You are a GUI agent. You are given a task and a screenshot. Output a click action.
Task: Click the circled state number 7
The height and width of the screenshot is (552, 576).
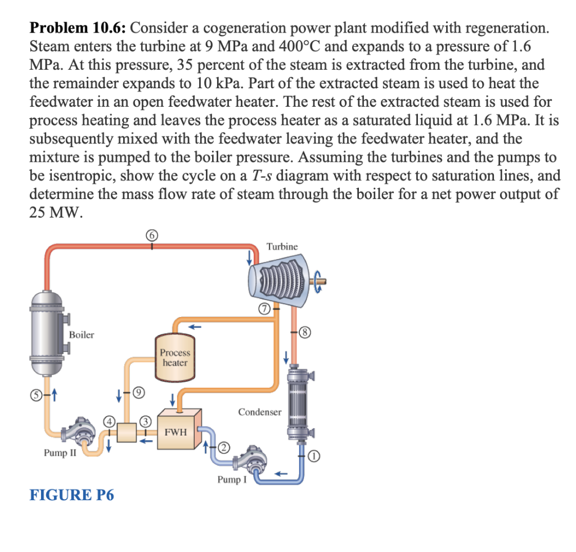pyautogui.click(x=262, y=308)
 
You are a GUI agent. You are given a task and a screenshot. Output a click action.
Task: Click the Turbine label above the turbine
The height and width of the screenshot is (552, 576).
pyautogui.click(x=282, y=246)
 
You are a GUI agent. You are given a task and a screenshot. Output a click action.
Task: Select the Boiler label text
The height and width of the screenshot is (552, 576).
pyautogui.click(x=82, y=335)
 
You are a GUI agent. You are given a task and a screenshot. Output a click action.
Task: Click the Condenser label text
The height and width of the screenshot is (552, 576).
pyautogui.click(x=259, y=412)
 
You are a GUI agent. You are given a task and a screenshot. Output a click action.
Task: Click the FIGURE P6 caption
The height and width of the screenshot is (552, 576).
pyautogui.click(x=71, y=495)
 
